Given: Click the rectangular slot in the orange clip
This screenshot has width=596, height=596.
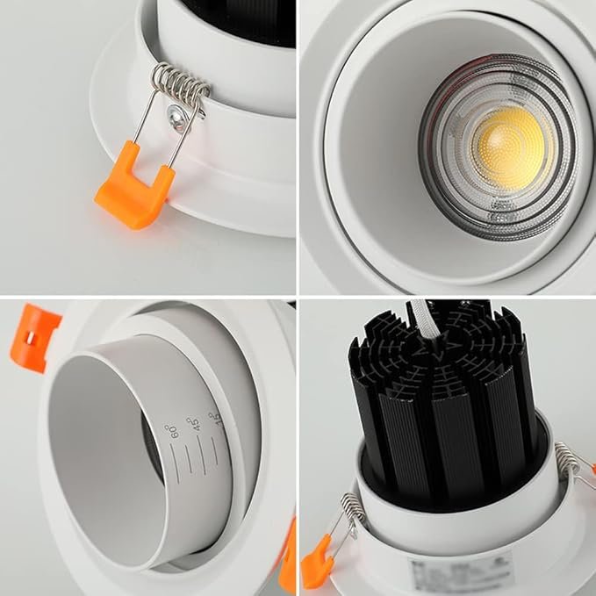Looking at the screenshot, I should [27, 338].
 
